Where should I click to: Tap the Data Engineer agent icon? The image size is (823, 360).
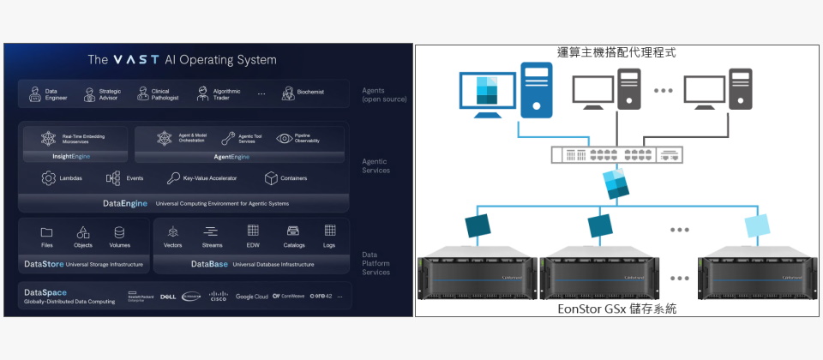tap(35, 93)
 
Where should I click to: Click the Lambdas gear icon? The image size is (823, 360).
tap(49, 178)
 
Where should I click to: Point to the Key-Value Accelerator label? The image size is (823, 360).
tap(209, 178)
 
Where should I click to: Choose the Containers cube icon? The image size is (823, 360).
tap(271, 178)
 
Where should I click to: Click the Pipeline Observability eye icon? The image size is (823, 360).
tap(284, 138)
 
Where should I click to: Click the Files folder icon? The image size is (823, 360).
tap(46, 232)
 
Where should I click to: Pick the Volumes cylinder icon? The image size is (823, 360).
tap(119, 232)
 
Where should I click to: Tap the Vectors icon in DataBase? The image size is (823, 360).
tap(172, 232)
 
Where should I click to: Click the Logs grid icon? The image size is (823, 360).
tap(329, 231)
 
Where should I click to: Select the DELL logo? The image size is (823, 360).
tap(168, 297)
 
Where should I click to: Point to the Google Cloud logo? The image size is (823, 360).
tap(251, 297)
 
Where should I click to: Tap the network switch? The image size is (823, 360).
tap(618, 155)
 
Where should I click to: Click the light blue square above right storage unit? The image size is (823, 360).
tap(757, 225)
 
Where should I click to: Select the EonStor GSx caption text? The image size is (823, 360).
tap(616, 308)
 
